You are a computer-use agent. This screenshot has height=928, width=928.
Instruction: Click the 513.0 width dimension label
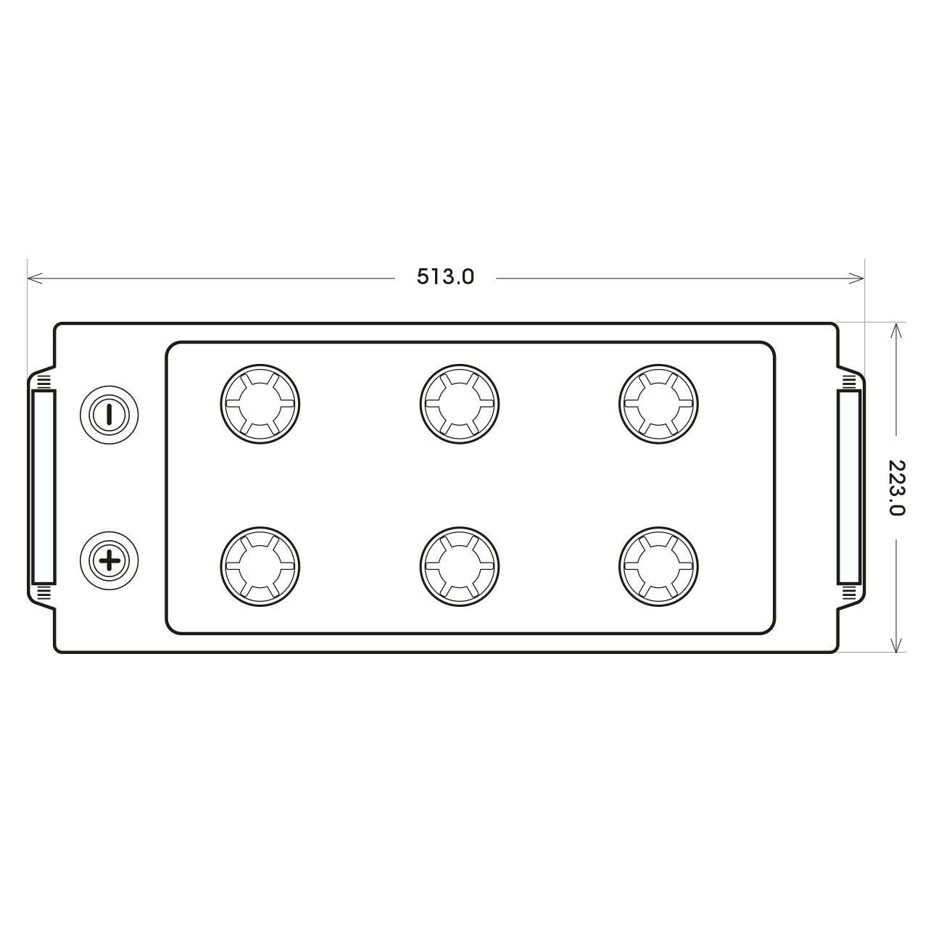point(445,277)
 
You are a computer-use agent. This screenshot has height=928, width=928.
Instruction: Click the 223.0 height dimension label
point(896,487)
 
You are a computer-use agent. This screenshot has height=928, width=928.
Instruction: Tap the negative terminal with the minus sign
point(109,415)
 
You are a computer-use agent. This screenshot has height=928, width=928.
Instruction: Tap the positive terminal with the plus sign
point(109,560)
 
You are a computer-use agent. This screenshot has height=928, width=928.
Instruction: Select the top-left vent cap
point(260,404)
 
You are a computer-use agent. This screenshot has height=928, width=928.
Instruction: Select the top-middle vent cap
point(460,404)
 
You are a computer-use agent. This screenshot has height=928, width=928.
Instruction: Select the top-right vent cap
point(659,404)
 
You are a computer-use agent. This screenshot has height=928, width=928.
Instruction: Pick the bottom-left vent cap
point(260,566)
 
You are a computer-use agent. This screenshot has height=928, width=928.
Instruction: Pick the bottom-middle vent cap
point(460,566)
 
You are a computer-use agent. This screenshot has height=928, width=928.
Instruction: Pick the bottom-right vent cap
point(659,566)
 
